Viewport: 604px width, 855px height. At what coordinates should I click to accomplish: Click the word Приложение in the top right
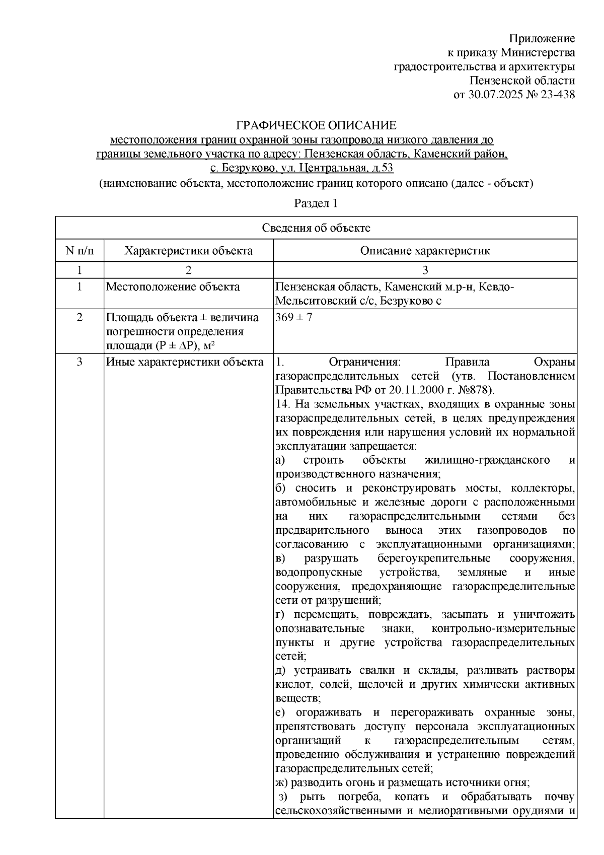tap(542, 39)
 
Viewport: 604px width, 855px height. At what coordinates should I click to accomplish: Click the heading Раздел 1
tap(316, 203)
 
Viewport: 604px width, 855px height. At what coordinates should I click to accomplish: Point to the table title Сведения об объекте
tap(316, 228)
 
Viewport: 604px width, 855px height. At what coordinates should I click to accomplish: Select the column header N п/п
tap(80, 251)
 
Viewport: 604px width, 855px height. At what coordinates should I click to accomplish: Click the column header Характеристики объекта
tap(188, 251)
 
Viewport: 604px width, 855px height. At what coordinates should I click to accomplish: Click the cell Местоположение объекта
tap(173, 287)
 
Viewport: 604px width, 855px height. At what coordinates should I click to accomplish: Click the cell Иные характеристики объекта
tap(184, 362)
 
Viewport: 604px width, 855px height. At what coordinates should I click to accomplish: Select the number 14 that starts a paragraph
tap(281, 404)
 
